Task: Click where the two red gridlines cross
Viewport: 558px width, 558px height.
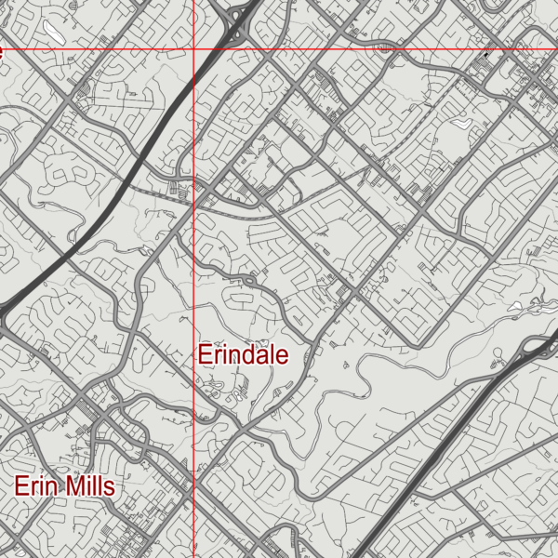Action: pos(193,48)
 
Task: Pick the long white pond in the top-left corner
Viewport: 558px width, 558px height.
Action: pos(55,32)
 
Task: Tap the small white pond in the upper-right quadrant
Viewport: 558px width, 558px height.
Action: pos(462,123)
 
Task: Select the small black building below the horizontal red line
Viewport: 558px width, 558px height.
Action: pos(485,56)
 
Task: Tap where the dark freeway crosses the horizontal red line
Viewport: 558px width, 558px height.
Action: pos(226,48)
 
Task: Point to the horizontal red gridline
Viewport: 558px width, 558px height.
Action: pos(372,48)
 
